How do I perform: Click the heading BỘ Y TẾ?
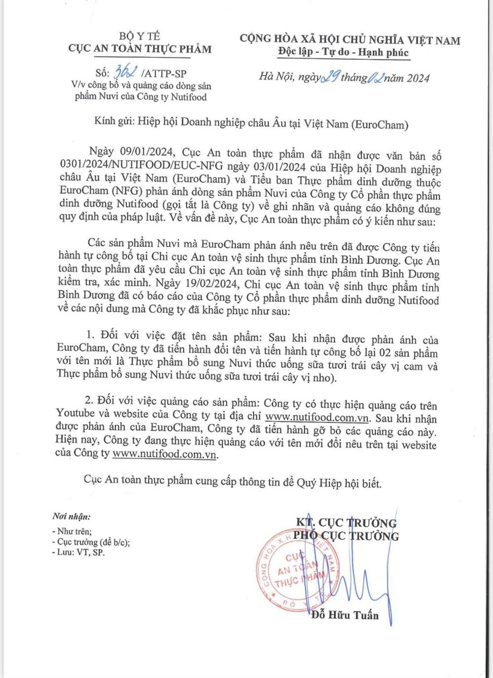pyautogui.click(x=140, y=36)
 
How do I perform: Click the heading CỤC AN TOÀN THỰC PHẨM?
pyautogui.click(x=140, y=49)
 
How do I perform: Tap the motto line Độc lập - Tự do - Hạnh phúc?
pyautogui.click(x=344, y=52)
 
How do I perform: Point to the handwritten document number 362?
pyautogui.click(x=126, y=72)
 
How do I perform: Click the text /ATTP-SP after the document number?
pyautogui.click(x=164, y=73)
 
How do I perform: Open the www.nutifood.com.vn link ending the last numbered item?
pyautogui.click(x=165, y=454)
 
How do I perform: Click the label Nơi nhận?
pyautogui.click(x=71, y=517)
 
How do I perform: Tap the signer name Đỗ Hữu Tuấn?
pyautogui.click(x=345, y=615)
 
